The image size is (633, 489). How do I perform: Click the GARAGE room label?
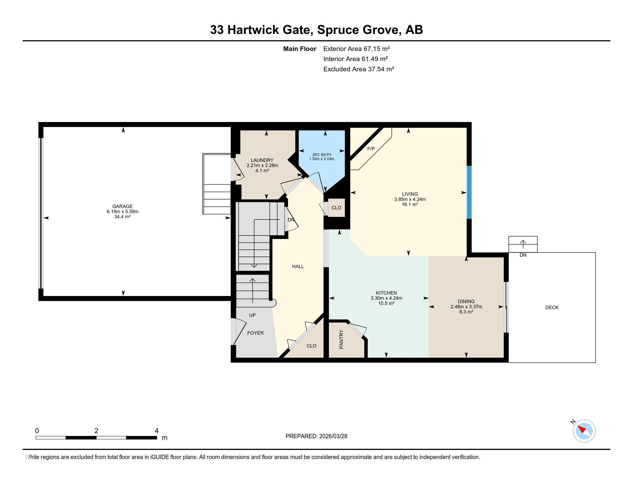point(122,206)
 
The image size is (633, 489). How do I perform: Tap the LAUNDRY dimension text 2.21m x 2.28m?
point(262,165)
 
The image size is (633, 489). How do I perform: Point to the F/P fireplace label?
point(371,149)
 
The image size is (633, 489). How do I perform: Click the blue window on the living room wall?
point(469,192)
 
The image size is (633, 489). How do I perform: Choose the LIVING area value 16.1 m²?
point(409,205)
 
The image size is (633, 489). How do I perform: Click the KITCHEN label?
point(386,293)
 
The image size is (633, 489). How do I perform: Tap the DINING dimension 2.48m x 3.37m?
point(466,307)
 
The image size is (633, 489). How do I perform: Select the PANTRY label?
point(341,339)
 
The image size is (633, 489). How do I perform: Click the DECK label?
point(552,307)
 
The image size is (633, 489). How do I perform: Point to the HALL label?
point(298,267)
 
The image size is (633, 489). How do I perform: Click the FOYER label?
point(255,333)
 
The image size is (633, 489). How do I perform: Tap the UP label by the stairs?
point(252,315)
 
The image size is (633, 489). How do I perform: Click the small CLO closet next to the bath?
point(336,208)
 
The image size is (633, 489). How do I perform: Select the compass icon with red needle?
point(584,431)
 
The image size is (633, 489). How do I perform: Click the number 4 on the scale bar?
point(157,431)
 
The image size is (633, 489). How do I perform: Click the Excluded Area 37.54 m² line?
point(359,69)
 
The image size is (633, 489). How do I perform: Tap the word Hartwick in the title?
point(253,30)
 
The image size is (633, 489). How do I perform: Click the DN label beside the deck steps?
point(523,255)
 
